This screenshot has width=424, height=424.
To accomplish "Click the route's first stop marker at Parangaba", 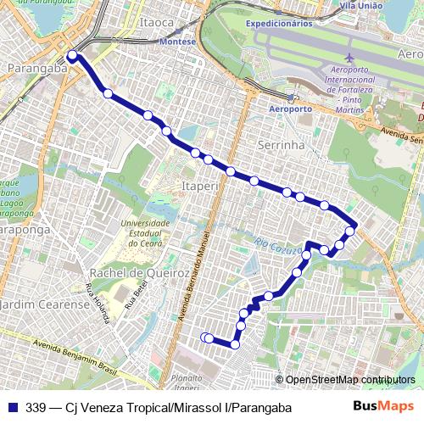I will [x=72, y=56].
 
